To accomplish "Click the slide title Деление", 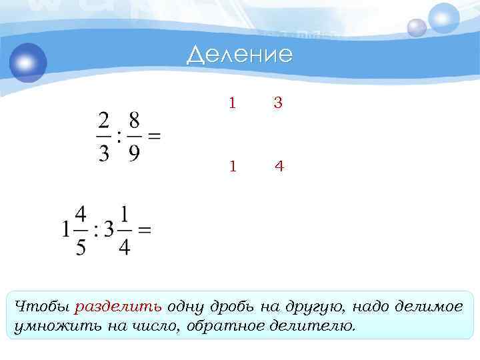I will [239, 55].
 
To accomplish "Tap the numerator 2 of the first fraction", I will [103, 121].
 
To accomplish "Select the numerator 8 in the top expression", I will [134, 121].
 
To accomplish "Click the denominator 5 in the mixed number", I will [80, 247].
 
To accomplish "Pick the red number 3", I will [279, 103].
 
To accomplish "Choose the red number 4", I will [279, 166].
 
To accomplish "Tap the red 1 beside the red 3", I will [232, 103].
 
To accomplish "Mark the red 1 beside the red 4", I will [232, 166].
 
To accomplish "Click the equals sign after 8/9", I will [154, 137].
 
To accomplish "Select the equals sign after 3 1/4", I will [144, 231].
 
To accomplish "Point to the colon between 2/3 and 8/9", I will [119, 137].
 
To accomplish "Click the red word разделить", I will [118, 307].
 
